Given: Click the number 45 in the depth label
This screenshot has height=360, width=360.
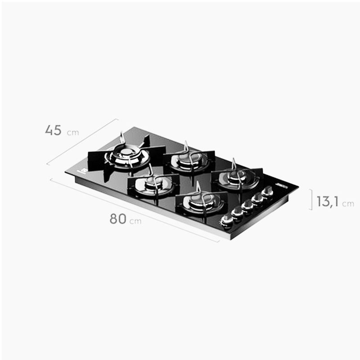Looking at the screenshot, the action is coord(53,130).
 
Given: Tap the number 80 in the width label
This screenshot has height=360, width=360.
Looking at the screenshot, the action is coord(118,219).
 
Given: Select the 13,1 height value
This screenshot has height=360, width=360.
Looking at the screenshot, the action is coord(328,201).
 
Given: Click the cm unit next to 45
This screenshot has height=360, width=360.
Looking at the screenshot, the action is coord(73,133).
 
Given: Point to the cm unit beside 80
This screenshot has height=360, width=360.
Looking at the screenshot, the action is coord(135,221).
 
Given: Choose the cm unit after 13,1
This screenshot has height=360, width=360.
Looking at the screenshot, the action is coord(348,204).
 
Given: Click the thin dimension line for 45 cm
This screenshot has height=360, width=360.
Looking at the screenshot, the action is coord(82,141).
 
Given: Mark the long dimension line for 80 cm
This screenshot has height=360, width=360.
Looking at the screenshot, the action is coord(135,210).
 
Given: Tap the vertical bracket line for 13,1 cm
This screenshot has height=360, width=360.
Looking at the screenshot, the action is coord(311,199).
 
